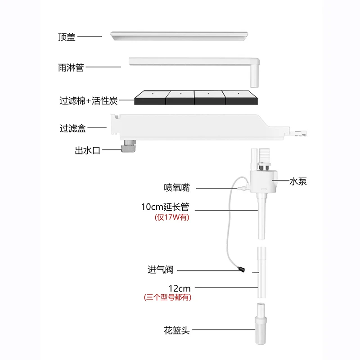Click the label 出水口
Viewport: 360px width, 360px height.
(x=87, y=151)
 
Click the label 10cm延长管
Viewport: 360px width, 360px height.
(x=165, y=208)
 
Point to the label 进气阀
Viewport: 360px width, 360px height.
(x=160, y=270)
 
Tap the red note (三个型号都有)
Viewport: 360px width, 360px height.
(x=167, y=297)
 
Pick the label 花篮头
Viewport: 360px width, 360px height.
(x=177, y=331)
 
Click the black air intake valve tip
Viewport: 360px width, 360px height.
(x=243, y=270)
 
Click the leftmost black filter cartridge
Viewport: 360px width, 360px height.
(x=151, y=98)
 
